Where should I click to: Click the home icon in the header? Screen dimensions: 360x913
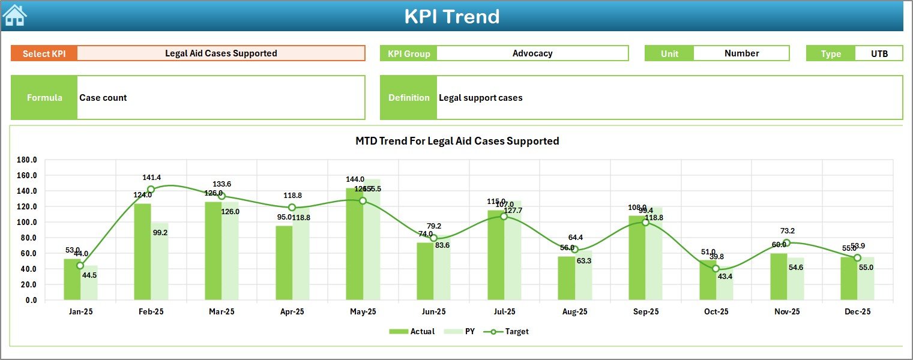[x=14, y=16]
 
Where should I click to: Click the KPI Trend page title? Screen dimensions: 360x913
[x=452, y=16]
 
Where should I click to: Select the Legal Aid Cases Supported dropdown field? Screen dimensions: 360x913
[x=221, y=53]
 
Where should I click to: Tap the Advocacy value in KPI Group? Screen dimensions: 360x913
[x=532, y=53]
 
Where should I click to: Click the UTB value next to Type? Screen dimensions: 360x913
[x=879, y=53]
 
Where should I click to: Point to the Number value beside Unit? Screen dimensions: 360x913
[x=741, y=53]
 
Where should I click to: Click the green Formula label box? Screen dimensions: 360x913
[x=44, y=98]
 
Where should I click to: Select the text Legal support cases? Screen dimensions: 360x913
[x=481, y=98]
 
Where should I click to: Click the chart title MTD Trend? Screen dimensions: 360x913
[x=457, y=141]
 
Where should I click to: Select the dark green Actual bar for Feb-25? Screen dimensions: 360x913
[x=142, y=252]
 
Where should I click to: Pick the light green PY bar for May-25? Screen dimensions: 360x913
[x=372, y=240]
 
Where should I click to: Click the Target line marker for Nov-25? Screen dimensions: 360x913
[x=786, y=243]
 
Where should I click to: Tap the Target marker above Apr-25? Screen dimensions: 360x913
[x=292, y=208]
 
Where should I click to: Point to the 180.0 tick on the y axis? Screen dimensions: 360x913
[x=27, y=160]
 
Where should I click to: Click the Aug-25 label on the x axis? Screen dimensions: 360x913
[x=574, y=312]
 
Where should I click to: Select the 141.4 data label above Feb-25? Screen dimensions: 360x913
[x=151, y=178]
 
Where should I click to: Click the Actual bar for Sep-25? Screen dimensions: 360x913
[x=637, y=258]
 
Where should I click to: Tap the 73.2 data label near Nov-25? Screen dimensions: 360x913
[x=787, y=231]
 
